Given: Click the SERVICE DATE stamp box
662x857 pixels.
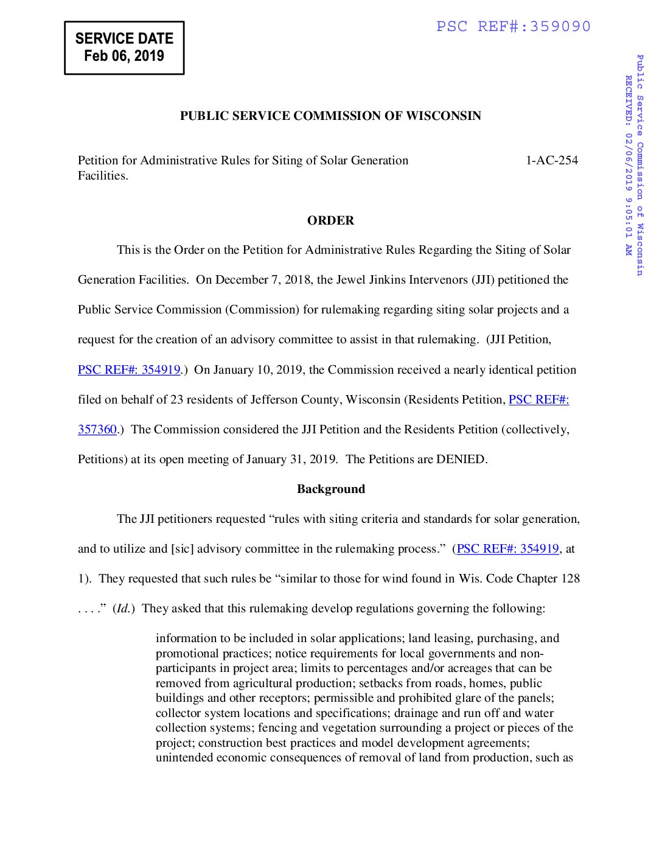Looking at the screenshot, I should click(x=124, y=47).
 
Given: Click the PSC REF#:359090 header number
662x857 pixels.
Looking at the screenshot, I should click(x=513, y=27).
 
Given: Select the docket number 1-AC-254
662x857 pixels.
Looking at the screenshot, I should click(x=551, y=161).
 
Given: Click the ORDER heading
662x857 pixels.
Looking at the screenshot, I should click(x=330, y=220).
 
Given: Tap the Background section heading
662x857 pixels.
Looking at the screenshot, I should click(x=330, y=489).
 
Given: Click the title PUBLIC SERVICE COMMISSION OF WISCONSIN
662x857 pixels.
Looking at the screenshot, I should click(x=330, y=116).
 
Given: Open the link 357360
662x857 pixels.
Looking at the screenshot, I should click(x=97, y=430).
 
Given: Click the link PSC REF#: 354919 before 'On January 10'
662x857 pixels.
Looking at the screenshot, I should click(x=129, y=370).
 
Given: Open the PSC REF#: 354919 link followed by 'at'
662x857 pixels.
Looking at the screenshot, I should click(x=507, y=549).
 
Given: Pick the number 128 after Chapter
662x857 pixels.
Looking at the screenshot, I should click(x=570, y=579).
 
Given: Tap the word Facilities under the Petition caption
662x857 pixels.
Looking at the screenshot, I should click(x=102, y=176).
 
